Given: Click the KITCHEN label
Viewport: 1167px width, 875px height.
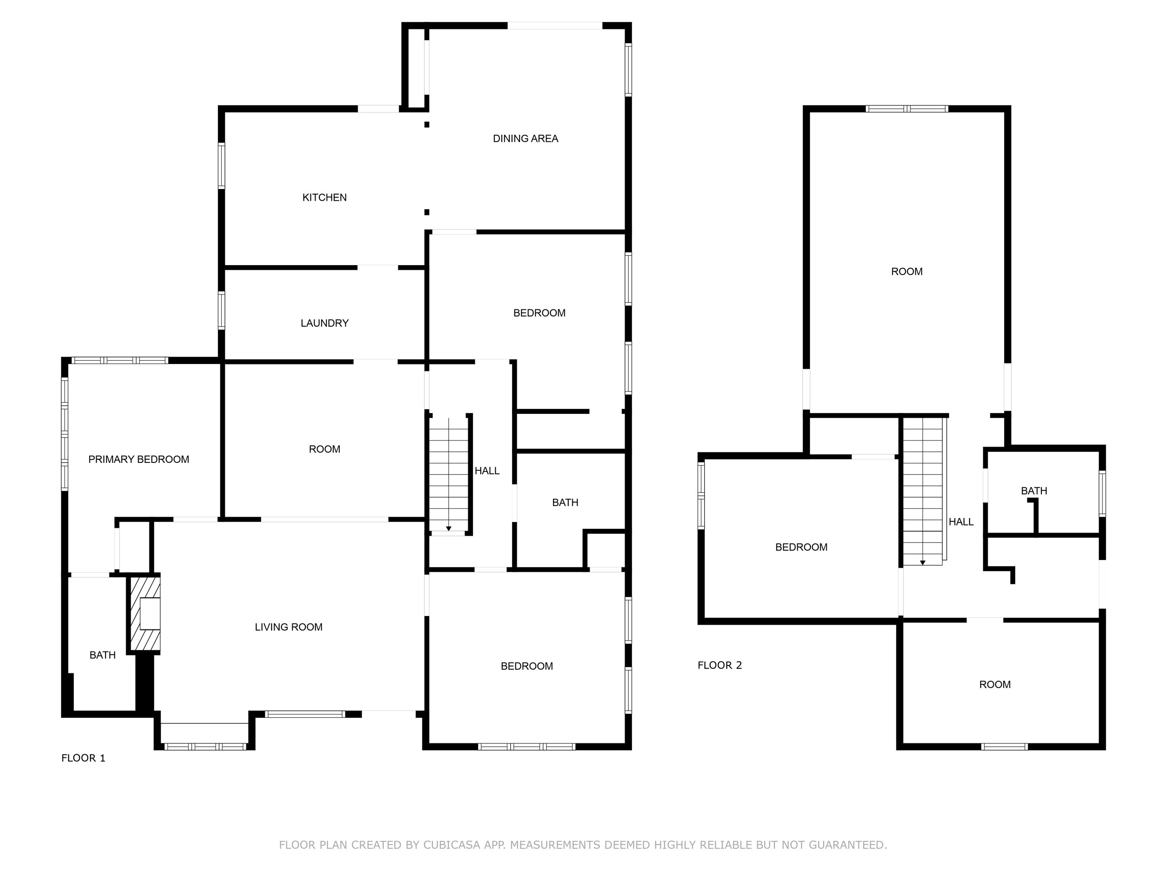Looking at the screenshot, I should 324,198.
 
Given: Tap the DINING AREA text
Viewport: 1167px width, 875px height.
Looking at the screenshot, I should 525,139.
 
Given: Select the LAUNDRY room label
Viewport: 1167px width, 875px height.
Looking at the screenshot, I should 324,323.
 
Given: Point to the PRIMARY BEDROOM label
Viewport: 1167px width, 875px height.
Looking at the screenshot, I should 138,459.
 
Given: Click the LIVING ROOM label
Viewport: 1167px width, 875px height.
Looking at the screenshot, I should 288,627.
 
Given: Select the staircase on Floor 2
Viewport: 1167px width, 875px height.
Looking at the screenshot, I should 922,490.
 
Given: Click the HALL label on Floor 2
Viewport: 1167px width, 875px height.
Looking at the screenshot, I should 961,522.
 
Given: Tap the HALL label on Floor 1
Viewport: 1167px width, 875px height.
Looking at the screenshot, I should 486,471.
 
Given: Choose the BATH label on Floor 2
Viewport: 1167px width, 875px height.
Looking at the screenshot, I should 1033,491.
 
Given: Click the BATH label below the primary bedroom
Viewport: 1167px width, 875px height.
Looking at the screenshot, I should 102,655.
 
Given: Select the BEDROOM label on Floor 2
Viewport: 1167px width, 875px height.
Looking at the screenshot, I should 801,547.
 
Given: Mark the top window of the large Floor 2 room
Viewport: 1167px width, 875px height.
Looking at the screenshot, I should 907,109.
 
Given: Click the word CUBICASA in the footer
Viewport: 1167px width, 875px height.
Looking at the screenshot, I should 451,845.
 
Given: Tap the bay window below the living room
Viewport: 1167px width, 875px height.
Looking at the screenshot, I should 205,746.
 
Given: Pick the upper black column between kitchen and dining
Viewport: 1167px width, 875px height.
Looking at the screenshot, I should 426,125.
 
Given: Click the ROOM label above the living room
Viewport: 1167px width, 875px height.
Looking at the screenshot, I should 324,449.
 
